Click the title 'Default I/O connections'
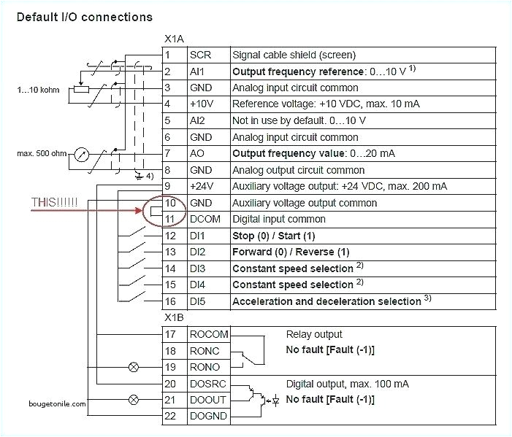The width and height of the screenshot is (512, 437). tap(84, 16)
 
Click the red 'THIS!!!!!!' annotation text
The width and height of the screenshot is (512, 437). tap(56, 202)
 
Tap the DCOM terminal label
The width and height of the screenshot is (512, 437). tap(205, 218)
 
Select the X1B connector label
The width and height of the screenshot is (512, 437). tap(174, 319)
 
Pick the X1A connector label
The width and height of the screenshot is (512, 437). tap(174, 38)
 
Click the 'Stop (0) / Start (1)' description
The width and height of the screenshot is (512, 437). tap(273, 235)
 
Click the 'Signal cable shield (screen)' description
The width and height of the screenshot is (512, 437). tap(294, 55)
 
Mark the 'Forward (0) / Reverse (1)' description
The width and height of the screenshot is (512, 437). tap(290, 252)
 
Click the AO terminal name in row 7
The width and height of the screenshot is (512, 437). tap(197, 153)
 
